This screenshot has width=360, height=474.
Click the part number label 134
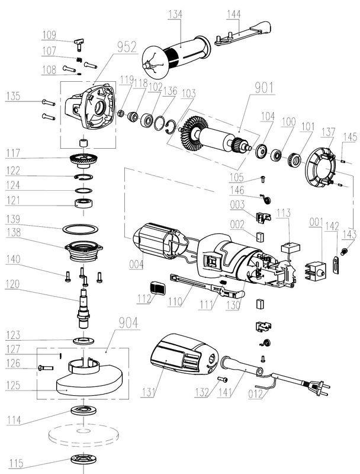175,14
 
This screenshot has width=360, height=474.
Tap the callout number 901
264,88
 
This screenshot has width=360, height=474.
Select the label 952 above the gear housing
126,47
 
